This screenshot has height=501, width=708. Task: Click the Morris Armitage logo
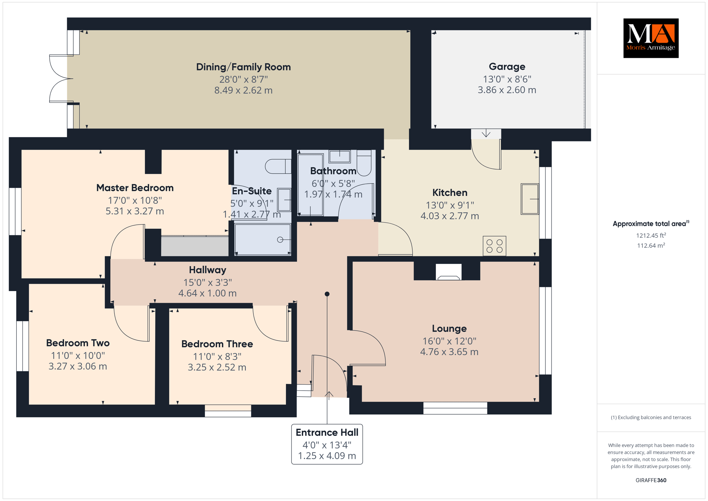coord(651,38)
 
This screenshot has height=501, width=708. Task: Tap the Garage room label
coord(507,66)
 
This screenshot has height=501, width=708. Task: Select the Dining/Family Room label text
coord(243,67)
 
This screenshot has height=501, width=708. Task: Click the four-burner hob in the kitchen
coord(494,246)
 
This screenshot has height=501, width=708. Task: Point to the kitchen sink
coord(530,199)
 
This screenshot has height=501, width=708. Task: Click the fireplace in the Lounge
coord(448,272)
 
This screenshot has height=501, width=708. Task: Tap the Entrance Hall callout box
coord(327,444)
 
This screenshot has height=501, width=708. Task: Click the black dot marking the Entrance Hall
coord(327,294)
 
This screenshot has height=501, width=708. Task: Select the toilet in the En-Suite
coord(278,166)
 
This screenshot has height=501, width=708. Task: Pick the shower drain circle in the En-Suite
coord(280,239)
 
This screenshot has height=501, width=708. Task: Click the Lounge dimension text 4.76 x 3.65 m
coord(449,352)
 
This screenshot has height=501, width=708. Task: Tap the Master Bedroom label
coord(135,188)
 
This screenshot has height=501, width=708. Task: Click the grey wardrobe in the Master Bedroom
coord(195,246)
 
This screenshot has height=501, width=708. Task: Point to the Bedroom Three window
coord(228,411)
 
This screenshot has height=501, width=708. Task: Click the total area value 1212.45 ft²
coord(651,236)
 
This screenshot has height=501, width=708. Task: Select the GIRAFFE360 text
coord(651,480)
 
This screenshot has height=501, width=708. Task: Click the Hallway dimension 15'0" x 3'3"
coord(207,282)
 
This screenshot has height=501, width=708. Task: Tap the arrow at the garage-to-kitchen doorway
coord(486,133)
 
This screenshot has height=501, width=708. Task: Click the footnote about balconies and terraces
coord(651,417)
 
